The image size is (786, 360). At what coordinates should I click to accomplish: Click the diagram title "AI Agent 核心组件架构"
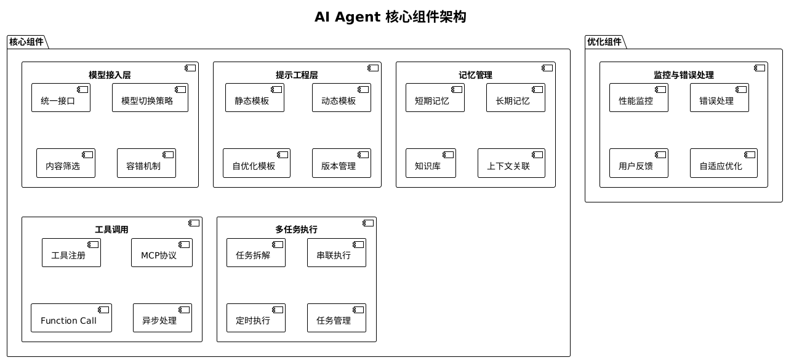(390, 17)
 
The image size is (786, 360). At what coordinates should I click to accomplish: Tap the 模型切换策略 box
(150, 98)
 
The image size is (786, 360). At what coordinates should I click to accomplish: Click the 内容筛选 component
(65, 163)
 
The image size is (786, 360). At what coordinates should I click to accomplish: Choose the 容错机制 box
(146, 163)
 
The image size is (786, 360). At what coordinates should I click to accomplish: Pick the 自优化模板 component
(256, 163)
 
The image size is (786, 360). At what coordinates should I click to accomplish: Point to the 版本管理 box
(341, 163)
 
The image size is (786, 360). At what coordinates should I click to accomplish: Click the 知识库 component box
(430, 163)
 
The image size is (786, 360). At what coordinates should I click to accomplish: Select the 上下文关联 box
(511, 163)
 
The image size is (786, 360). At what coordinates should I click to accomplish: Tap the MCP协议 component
(161, 253)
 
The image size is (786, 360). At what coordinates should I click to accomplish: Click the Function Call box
(71, 318)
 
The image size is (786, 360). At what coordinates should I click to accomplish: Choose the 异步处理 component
(162, 318)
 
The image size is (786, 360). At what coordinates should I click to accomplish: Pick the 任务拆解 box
(255, 253)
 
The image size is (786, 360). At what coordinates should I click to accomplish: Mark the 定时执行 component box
(255, 318)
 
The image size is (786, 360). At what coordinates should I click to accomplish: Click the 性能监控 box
(638, 98)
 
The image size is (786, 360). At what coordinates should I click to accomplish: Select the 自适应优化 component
(723, 163)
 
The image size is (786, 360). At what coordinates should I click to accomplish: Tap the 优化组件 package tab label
(604, 42)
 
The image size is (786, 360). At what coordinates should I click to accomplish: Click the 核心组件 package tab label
(26, 42)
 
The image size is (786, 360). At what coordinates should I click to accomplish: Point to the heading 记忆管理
(475, 75)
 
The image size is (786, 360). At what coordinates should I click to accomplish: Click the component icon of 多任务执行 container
(368, 223)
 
